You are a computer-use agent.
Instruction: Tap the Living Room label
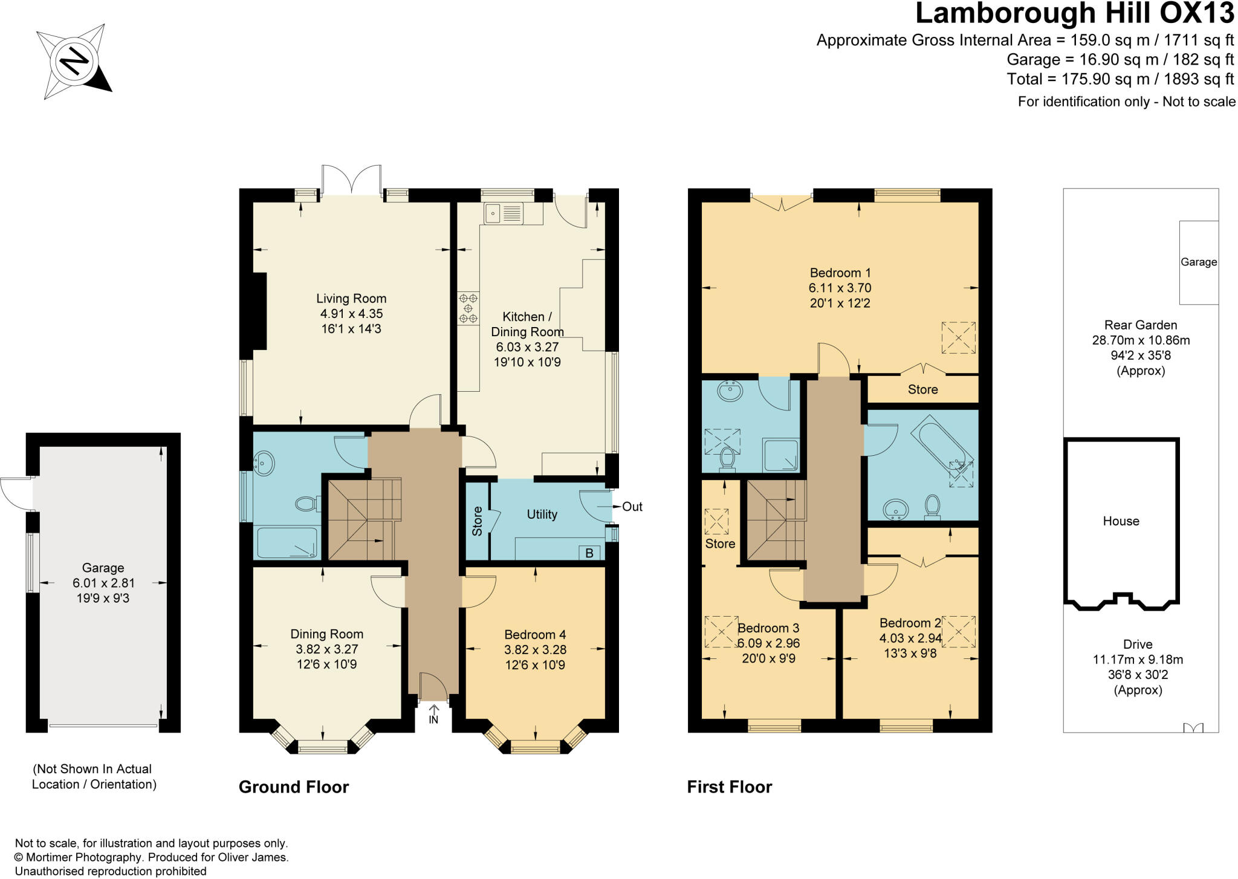[x=351, y=299]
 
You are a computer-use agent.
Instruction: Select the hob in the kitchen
[x=468, y=308]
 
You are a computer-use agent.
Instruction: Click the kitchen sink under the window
[x=504, y=213]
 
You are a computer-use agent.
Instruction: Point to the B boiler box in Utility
[x=589, y=553]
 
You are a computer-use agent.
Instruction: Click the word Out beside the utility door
[x=632, y=507]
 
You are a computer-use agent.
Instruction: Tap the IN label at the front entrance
[x=433, y=720]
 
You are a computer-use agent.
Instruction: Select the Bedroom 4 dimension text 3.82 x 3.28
[x=535, y=650]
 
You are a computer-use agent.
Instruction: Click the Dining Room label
[x=326, y=634]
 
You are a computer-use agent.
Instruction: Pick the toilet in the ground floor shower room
[x=308, y=503]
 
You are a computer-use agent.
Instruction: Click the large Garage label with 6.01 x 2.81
[x=103, y=568]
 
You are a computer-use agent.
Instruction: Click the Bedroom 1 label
[x=840, y=273]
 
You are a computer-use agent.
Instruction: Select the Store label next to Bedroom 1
[x=922, y=390]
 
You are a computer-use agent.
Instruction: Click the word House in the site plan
[x=1121, y=521]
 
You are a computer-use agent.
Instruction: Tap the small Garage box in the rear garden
[x=1198, y=262]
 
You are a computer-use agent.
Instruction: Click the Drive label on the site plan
[x=1138, y=644]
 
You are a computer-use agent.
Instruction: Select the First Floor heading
[x=729, y=787]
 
